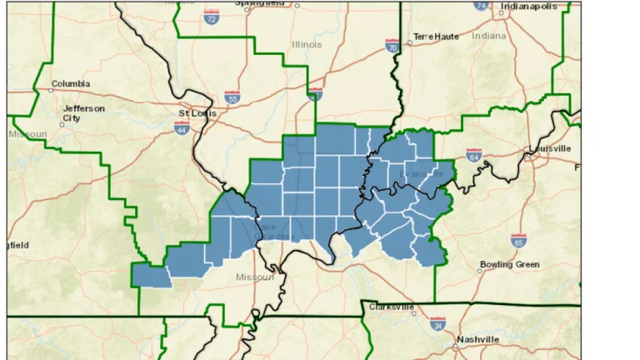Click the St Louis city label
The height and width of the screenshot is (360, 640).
[x=197, y=111]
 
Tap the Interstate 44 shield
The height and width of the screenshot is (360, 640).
[x=181, y=127]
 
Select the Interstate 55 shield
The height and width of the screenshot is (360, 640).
[x=232, y=97]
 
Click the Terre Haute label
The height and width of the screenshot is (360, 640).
[x=436, y=37]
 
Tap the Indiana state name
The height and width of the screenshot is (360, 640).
[x=488, y=36]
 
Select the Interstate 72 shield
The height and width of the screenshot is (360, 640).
[x=212, y=16]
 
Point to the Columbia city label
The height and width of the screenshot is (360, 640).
[x=70, y=84]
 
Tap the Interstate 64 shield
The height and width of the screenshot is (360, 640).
[x=474, y=155]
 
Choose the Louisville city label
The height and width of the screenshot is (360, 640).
[x=550, y=148]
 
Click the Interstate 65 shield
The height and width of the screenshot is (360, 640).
[x=518, y=241]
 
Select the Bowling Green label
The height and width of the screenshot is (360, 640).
[x=509, y=265]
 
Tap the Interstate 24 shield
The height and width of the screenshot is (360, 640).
[x=437, y=323]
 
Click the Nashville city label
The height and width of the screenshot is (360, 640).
[x=477, y=339]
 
